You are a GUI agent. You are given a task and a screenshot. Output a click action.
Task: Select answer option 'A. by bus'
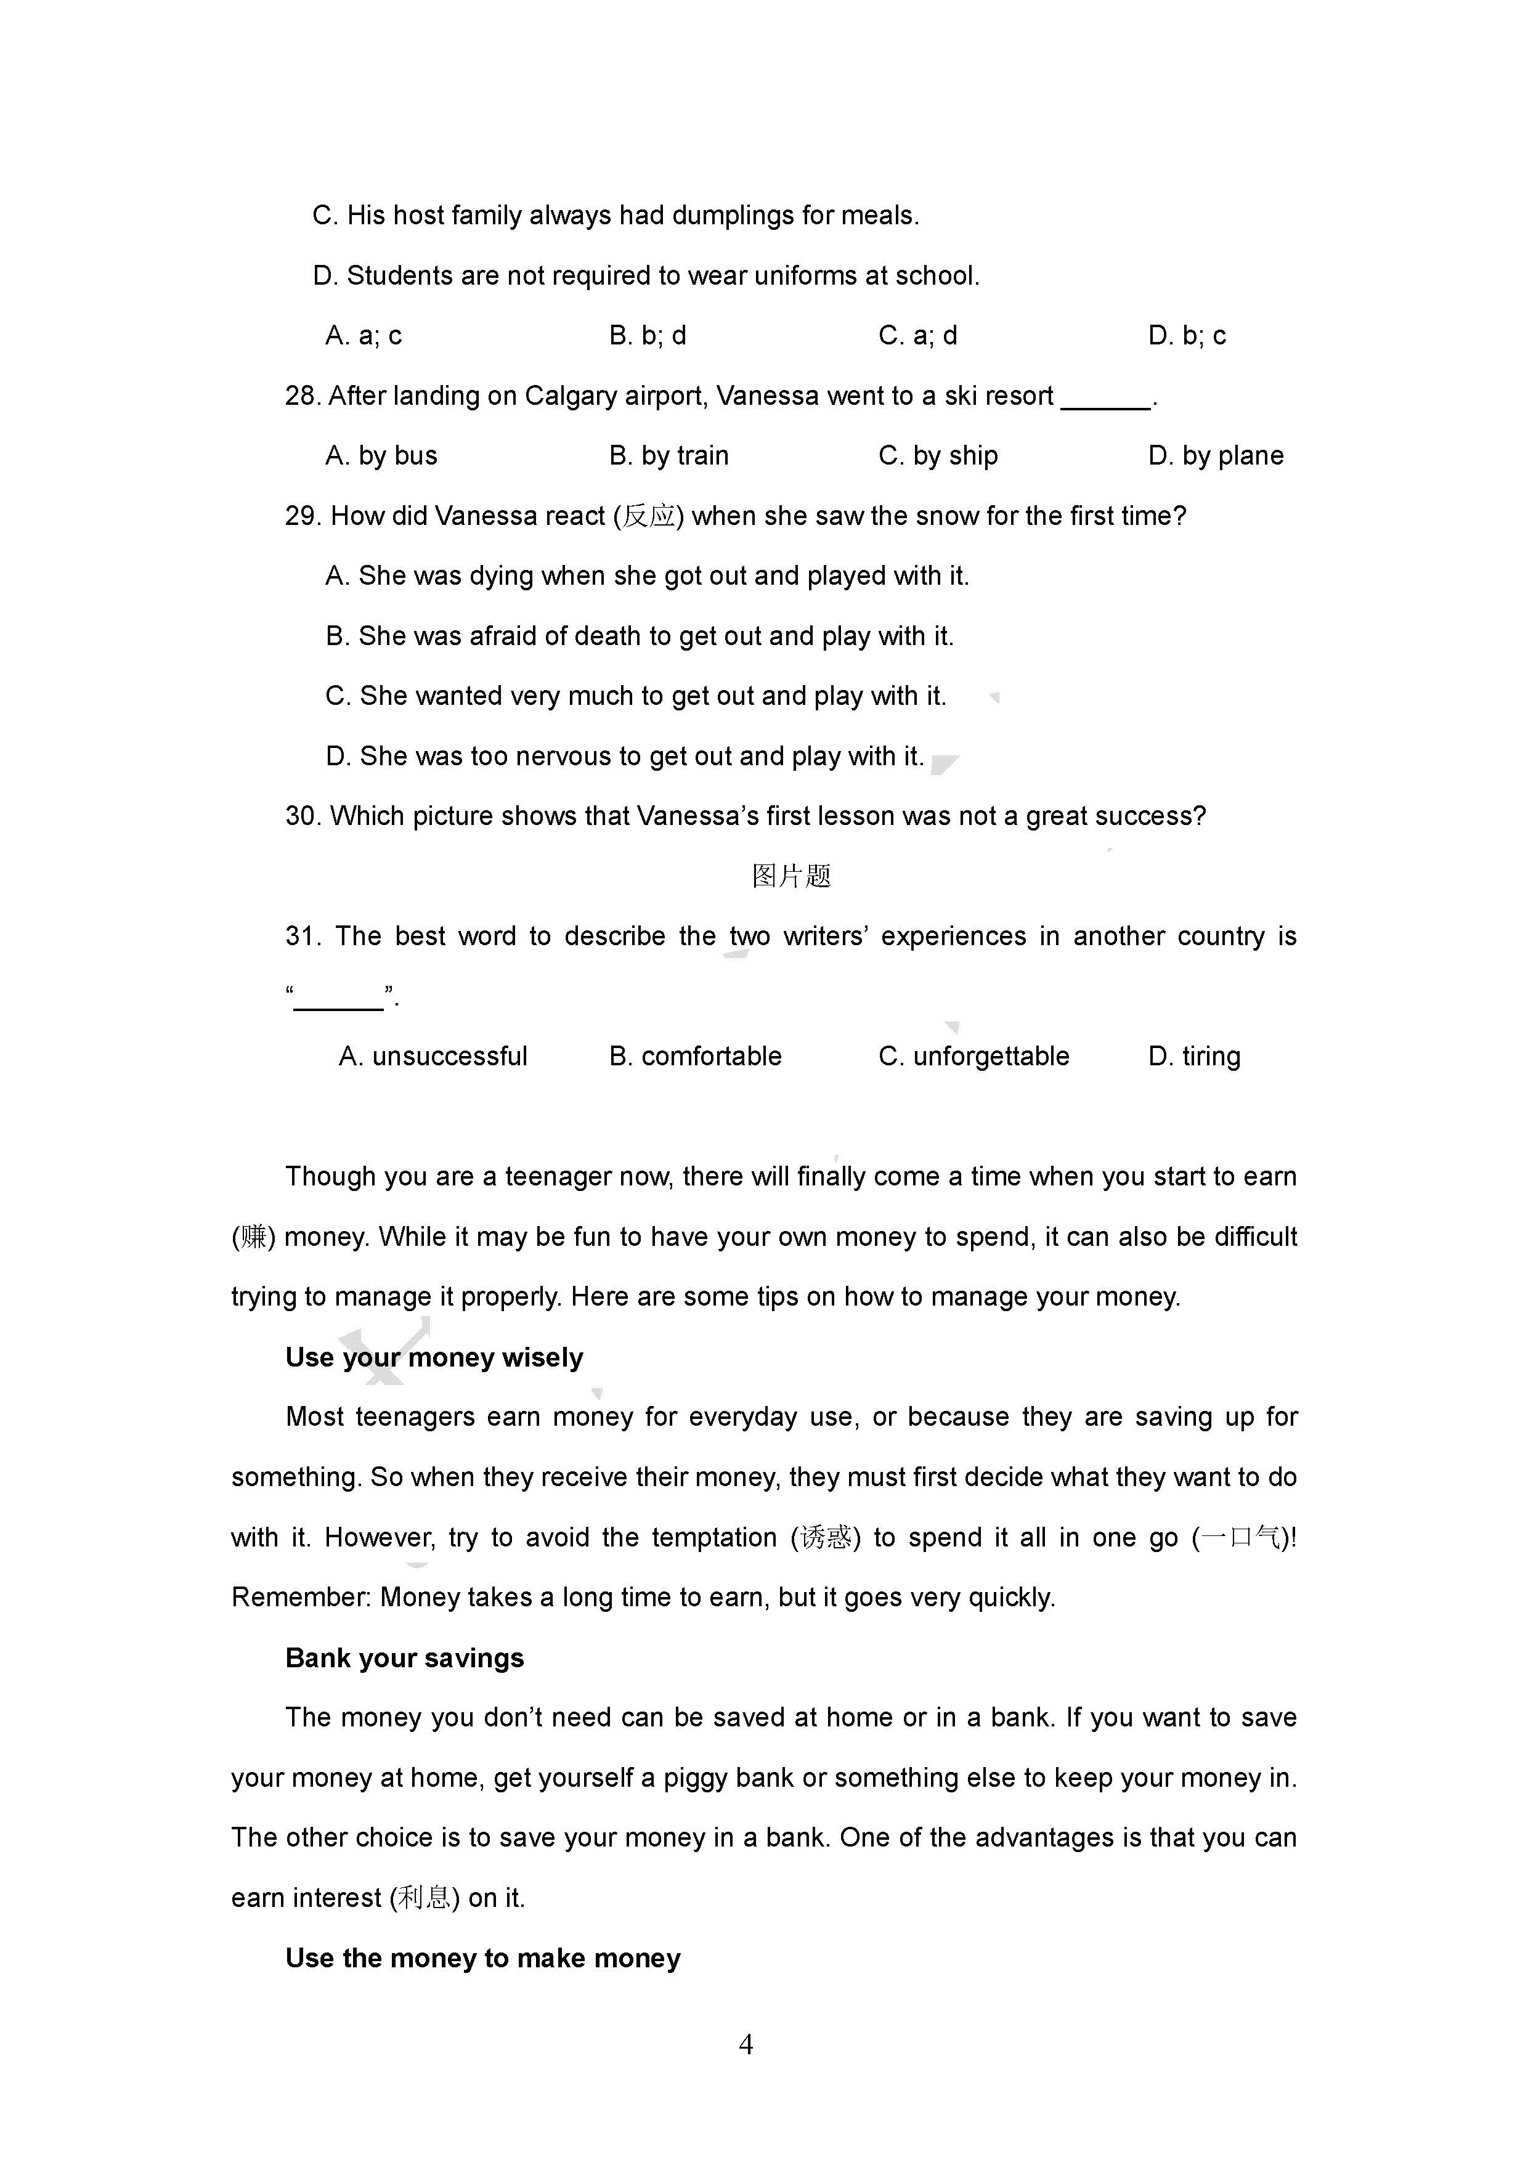(x=381, y=456)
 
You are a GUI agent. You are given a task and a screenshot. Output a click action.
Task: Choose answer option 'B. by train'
(x=668, y=456)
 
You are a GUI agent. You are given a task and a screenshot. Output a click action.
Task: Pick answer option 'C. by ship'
(x=938, y=456)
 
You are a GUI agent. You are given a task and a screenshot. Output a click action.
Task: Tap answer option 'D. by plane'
(x=1216, y=456)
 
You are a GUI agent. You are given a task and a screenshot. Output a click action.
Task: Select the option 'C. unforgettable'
(x=973, y=1057)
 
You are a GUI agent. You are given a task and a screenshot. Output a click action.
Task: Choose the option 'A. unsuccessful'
(x=433, y=1057)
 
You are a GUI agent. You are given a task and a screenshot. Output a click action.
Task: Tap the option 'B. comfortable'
(x=695, y=1057)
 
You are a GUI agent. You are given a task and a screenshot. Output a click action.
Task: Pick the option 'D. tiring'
(x=1194, y=1057)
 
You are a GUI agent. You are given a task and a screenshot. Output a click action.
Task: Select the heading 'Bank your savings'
(x=405, y=1657)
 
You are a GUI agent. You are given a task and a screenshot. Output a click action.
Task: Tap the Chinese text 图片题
(x=792, y=877)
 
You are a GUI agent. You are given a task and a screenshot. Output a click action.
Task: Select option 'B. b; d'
(x=648, y=336)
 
